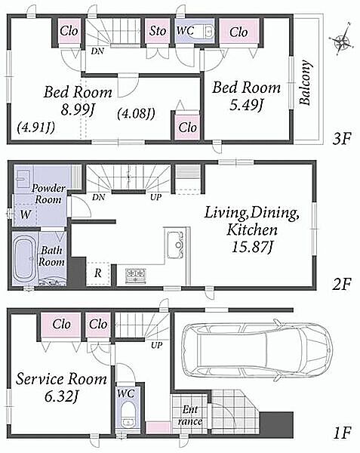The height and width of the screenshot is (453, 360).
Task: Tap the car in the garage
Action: [258, 350]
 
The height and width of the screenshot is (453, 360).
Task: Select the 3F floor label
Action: [342, 139]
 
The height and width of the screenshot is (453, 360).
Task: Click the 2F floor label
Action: [342, 285]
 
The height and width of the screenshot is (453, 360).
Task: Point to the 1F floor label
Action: [343, 433]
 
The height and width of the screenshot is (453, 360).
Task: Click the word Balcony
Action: [306, 82]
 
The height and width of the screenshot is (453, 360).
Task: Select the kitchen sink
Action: [176, 245]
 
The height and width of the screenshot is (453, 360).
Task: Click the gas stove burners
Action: [136, 275]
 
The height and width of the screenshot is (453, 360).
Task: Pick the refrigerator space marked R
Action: [98, 273]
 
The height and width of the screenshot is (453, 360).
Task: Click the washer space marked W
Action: [26, 214]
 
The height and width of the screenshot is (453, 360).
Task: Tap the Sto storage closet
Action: [157, 31]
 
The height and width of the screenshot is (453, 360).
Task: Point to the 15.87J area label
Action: [251, 248]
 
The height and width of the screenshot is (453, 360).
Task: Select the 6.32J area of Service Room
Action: [61, 396]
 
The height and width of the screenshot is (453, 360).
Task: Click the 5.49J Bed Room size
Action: [246, 105]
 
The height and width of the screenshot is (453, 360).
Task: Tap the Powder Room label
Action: [48, 194]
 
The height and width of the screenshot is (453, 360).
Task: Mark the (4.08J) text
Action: [136, 112]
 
